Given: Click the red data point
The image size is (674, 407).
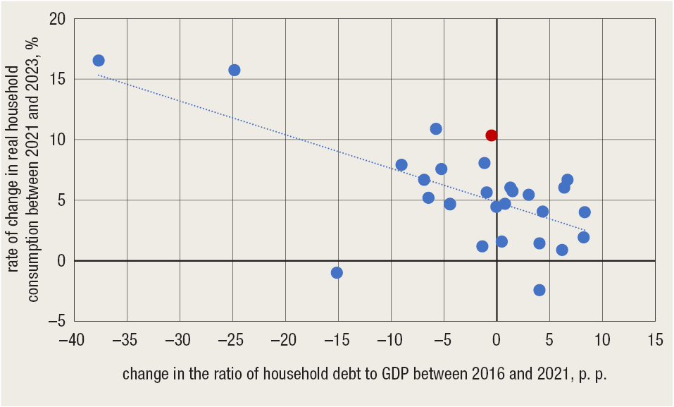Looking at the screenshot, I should (x=492, y=135).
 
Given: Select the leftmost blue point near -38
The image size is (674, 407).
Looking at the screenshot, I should (x=99, y=61).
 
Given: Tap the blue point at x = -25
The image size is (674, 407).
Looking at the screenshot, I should (x=235, y=70).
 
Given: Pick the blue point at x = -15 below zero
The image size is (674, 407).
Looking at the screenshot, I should (x=337, y=273).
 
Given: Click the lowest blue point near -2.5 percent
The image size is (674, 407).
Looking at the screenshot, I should (x=539, y=290).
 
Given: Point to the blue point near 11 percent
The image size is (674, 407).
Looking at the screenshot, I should (x=436, y=129).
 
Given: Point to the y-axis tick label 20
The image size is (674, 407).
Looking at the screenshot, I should (x=58, y=19).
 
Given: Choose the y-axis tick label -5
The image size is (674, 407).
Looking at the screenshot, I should (x=57, y=322).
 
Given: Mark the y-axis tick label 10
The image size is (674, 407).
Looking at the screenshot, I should (x=58, y=140).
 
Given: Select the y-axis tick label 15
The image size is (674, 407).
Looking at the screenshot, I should (x=58, y=80).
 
